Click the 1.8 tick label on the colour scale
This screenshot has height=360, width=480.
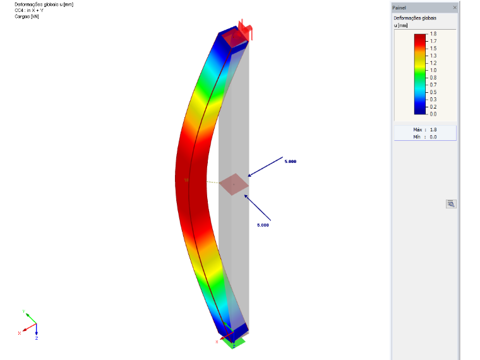[433, 34]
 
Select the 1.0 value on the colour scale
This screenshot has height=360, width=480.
[433, 70]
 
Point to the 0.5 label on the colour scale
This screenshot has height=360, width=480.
[433, 92]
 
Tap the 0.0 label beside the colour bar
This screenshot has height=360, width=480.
[433, 114]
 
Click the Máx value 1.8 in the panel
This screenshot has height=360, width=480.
[433, 130]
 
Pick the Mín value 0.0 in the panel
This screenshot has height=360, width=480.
[433, 137]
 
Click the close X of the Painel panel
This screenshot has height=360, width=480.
[455, 8]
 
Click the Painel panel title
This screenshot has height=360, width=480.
[399, 8]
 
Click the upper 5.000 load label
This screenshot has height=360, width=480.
[291, 162]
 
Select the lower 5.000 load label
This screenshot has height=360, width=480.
[263, 225]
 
